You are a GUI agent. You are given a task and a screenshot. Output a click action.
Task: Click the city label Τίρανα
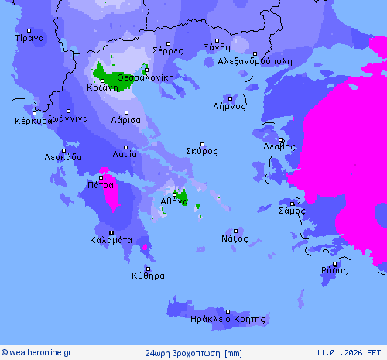click(x=29, y=37)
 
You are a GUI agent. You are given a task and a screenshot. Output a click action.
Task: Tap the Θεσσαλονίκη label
click(x=145, y=77)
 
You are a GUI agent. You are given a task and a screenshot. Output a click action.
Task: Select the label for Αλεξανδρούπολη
click(x=255, y=60)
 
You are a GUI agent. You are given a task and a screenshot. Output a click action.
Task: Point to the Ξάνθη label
click(x=217, y=47)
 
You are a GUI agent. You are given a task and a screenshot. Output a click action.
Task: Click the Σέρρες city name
click(x=167, y=50)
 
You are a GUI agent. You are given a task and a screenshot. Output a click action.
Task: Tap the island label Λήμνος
click(x=229, y=107)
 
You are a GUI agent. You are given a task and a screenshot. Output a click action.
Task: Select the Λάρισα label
click(x=125, y=121)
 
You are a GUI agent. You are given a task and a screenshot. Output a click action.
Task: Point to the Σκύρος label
click(x=202, y=151)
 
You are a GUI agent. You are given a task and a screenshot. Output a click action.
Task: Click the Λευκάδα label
click(x=63, y=157)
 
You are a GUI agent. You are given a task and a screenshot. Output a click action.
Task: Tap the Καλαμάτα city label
click(x=110, y=240)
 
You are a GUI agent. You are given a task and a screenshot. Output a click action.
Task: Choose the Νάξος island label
click(x=235, y=238)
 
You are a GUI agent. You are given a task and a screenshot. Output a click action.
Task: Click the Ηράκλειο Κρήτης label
click(x=228, y=319)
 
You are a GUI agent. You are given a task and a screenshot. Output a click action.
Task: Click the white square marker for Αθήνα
click(x=174, y=194)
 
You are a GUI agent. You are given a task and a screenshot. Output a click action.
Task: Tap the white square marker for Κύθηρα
click(x=148, y=268)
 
